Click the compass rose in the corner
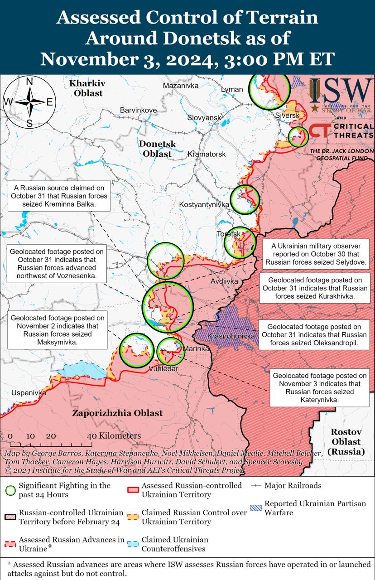pos(29,102)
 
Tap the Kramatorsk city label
pos(207,155)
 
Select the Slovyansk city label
pos(204,118)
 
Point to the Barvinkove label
pos(138,110)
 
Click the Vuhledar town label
pos(163,369)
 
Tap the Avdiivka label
pos(224,281)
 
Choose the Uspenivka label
pos(29,393)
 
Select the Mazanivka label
pos(181,85)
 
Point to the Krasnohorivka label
pos(231,337)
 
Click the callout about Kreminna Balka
pos(59,196)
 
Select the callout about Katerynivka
pos(320,388)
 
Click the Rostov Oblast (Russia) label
pos(346,442)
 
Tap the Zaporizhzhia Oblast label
pos(117,413)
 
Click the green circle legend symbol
pos(11,490)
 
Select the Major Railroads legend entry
pos(293,485)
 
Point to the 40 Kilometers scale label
pos(114,436)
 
